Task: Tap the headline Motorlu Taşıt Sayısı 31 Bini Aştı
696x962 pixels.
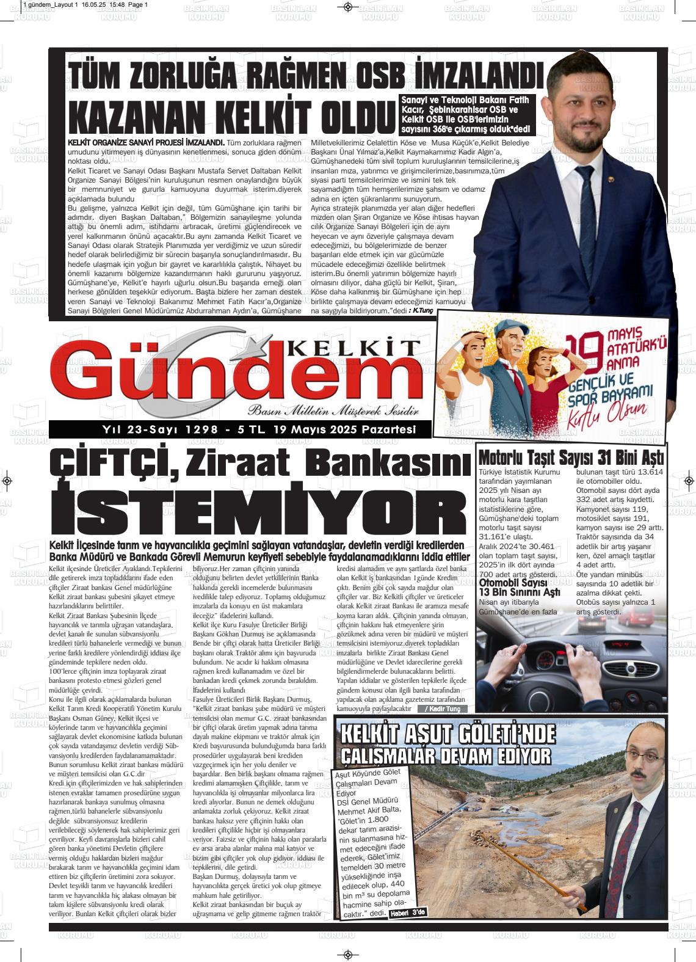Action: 571,457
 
